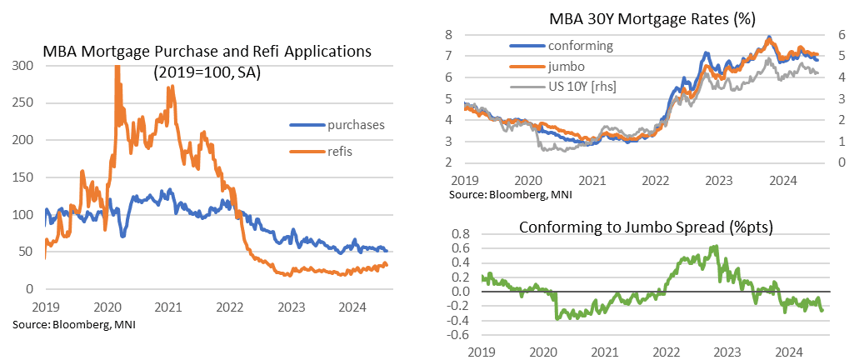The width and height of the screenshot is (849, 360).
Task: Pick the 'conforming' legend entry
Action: pyautogui.click(x=582, y=46)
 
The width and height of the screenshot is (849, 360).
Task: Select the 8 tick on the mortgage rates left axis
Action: pyautogui.click(x=447, y=34)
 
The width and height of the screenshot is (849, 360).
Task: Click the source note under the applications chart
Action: pyautogui.click(x=73, y=323)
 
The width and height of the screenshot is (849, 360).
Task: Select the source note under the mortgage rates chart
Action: pyautogui.click(x=498, y=194)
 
